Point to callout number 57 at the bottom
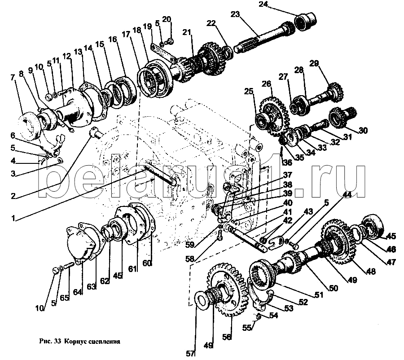coord(191,353)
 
